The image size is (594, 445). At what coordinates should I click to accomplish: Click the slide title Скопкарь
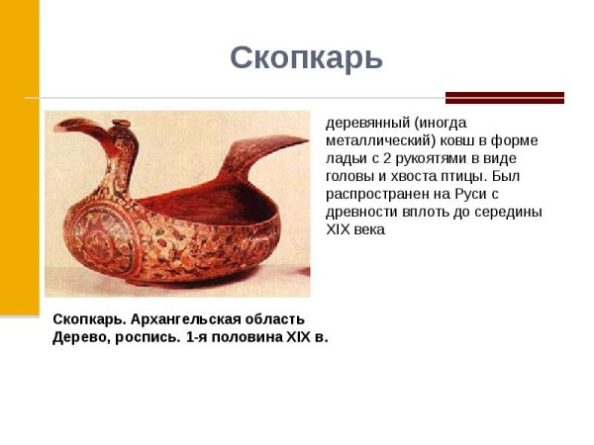click(306, 58)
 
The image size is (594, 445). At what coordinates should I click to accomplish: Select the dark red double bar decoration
click(504, 98)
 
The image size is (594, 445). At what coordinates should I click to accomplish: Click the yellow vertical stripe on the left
click(19, 158)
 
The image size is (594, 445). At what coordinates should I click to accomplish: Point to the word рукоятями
click(429, 159)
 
